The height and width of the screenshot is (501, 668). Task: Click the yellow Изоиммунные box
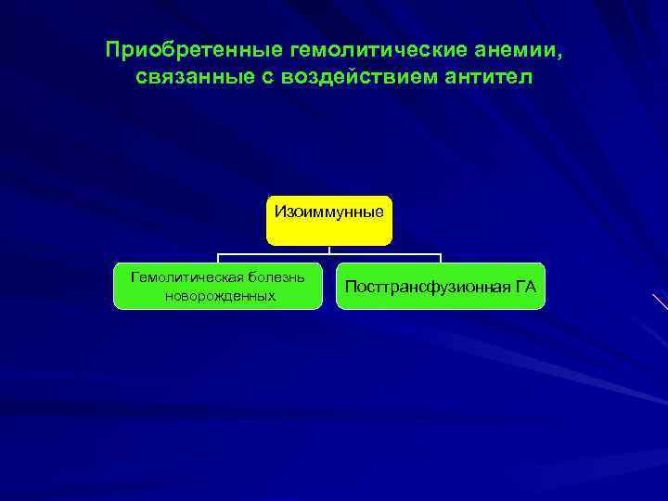[x=328, y=221]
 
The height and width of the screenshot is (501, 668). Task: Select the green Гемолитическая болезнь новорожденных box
[x=217, y=286]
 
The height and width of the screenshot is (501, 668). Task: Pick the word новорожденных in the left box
[x=218, y=296]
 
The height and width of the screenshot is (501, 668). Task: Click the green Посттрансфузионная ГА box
[x=440, y=286]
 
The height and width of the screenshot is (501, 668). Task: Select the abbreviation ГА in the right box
[x=525, y=287]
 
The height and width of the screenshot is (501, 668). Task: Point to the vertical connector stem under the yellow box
[x=329, y=250]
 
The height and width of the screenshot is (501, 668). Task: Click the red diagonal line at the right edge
[x=660, y=302]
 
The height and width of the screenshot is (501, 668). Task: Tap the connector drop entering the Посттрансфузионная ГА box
[x=441, y=259]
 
